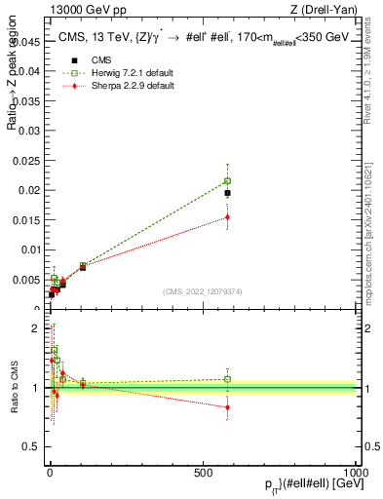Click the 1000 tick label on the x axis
click(358, 472)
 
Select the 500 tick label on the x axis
click(203, 472)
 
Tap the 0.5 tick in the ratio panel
click(30, 447)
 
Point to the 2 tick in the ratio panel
click(36, 328)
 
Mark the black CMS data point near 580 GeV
click(227, 193)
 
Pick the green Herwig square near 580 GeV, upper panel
click(227, 180)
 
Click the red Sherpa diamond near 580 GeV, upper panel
click(227, 217)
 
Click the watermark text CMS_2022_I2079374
click(203, 289)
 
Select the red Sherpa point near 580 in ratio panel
click(227, 407)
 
